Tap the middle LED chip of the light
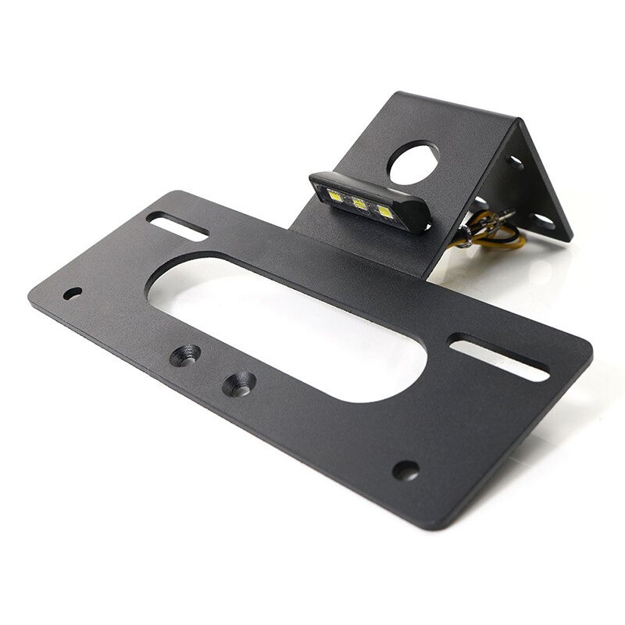click(359, 204)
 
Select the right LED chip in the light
click(384, 212)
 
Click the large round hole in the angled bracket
click(413, 162)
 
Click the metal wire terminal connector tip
click(506, 215)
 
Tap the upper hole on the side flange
click(516, 162)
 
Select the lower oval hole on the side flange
click(541, 220)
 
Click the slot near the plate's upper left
click(177, 225)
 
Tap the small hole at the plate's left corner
click(73, 293)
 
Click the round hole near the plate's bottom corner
click(405, 470)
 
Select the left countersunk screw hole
click(185, 355)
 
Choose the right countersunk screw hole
click(238, 384)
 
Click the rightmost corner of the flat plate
click(591, 352)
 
